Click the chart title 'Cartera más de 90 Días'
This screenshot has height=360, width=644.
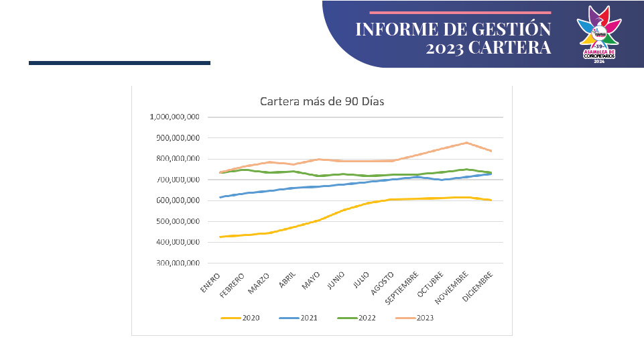(x=322, y=102)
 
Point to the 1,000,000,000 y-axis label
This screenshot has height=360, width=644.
(x=174, y=117)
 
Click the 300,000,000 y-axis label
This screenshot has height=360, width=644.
(x=176, y=263)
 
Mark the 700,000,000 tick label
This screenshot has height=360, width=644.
(x=176, y=180)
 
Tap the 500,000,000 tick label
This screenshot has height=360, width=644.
(x=176, y=222)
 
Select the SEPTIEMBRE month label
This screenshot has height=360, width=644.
(x=403, y=288)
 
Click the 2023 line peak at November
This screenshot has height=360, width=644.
(x=466, y=143)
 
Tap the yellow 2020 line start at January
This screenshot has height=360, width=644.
(x=220, y=237)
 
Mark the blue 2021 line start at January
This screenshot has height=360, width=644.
(x=220, y=197)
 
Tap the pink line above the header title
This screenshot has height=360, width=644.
(x=460, y=12)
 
